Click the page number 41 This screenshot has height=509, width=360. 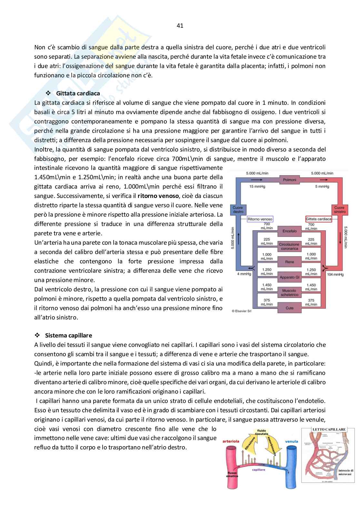(x=180, y=26)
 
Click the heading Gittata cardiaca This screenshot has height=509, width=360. (x=78, y=93)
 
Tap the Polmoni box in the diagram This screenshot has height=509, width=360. (x=289, y=180)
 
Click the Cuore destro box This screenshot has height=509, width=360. (x=238, y=210)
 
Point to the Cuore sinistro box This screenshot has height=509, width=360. (x=339, y=210)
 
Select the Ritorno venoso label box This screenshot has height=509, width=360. (x=260, y=219)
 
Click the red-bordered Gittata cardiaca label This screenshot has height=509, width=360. (x=318, y=219)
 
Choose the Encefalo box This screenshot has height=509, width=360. (x=289, y=231)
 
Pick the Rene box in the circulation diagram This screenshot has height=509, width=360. (x=289, y=262)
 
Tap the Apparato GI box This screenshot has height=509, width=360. (x=289, y=277)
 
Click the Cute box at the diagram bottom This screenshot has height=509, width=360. (x=289, y=308)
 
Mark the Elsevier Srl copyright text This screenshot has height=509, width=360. (x=242, y=311)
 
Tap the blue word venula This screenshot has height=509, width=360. (x=292, y=441)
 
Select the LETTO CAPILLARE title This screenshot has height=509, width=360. (x=329, y=429)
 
